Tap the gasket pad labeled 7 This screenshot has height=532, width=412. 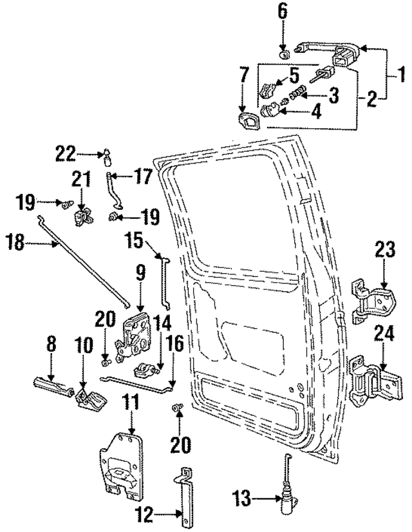click(x=250, y=120)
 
